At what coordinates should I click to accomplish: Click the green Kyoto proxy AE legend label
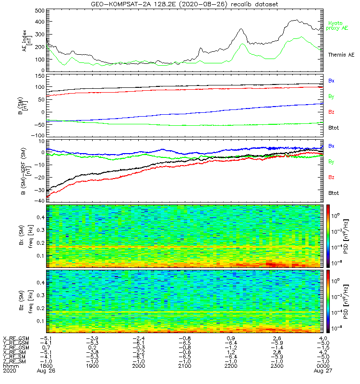pyautogui.click(x=338, y=26)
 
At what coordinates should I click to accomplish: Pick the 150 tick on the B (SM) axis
pyautogui.click(x=39, y=76)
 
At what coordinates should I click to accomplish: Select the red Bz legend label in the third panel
pyautogui.click(x=331, y=178)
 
